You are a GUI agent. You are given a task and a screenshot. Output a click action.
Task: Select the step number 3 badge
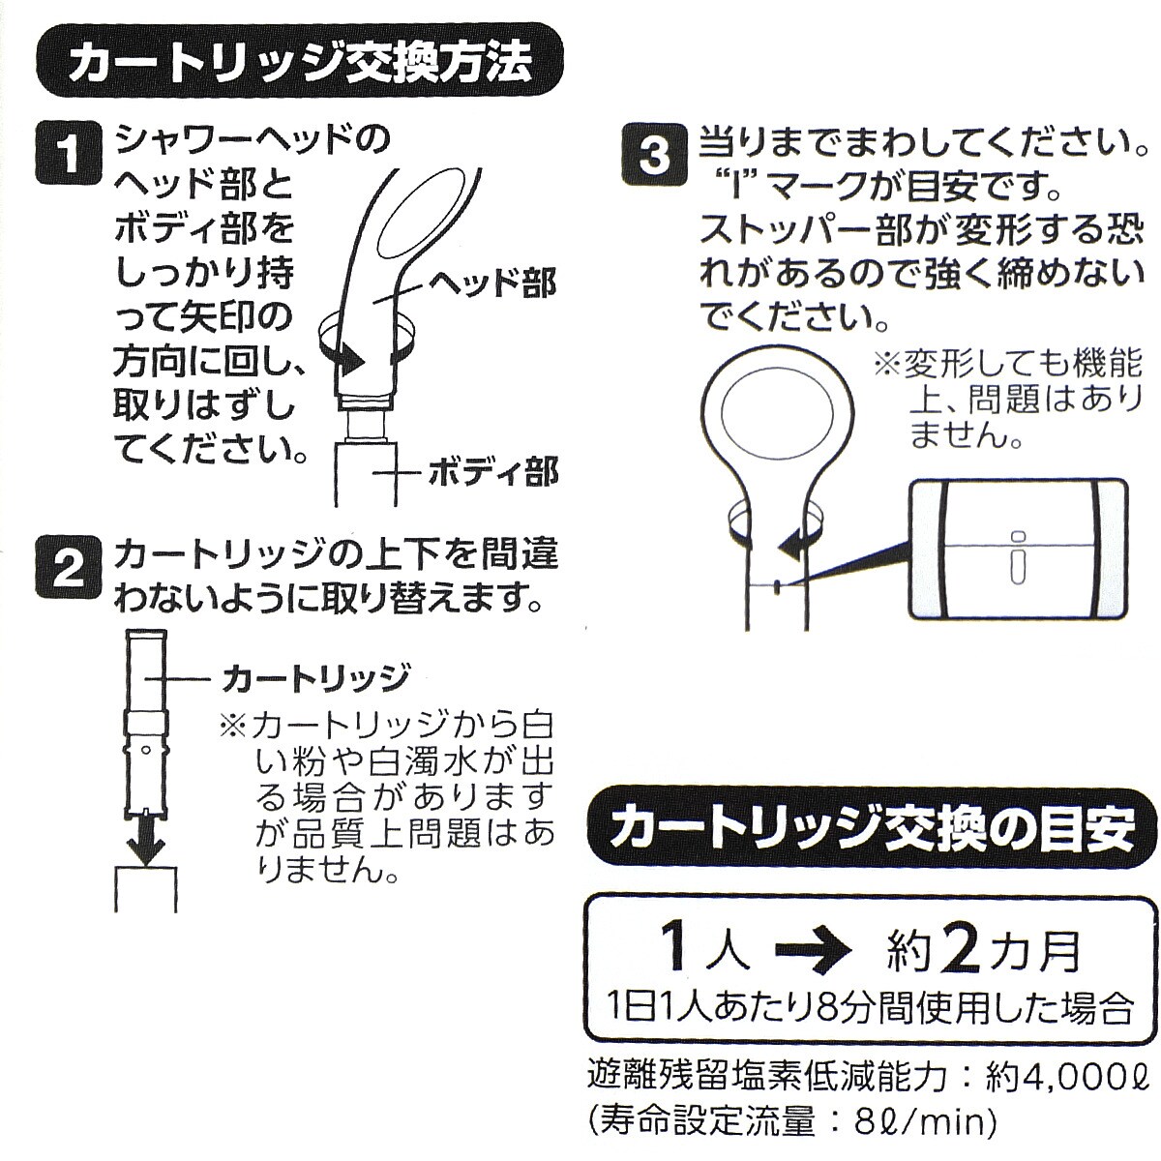tap(654, 154)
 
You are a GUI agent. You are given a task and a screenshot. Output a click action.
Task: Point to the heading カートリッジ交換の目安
tap(871, 828)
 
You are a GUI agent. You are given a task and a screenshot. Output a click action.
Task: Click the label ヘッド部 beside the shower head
tap(491, 282)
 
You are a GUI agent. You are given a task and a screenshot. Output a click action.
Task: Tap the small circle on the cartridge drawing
tap(144, 750)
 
